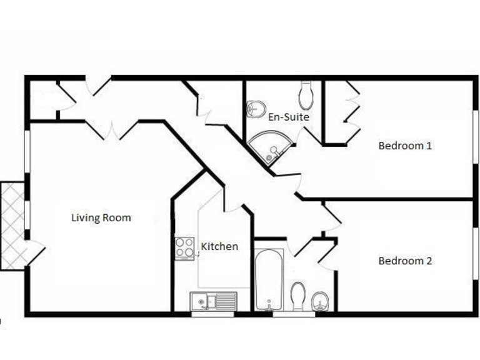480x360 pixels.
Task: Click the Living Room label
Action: pos(101,218)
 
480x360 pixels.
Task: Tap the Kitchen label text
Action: pos(219,247)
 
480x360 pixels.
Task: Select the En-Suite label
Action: pos(289,117)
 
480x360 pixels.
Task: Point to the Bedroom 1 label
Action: pos(405,146)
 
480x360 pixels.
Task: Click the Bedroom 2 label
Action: pos(405,261)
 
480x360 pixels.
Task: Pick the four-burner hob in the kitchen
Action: pos(184,248)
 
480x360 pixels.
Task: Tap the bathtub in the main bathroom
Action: pos(269,279)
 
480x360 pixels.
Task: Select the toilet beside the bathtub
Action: pos(298,294)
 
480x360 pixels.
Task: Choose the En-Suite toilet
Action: pos(306,96)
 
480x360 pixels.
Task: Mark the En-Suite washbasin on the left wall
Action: pos(254,109)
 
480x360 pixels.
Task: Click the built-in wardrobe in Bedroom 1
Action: pos(341,112)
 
